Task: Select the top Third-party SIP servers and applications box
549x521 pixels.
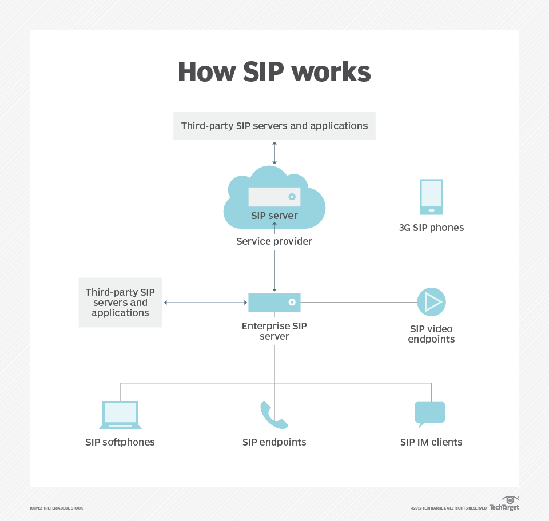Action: [274, 126]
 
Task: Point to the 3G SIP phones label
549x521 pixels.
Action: [431, 228]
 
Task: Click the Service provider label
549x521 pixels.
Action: [274, 241]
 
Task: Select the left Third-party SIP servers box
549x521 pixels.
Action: [120, 303]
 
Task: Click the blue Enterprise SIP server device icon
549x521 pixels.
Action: [274, 302]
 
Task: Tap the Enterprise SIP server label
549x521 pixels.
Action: [274, 331]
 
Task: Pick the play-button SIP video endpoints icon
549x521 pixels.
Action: [431, 302]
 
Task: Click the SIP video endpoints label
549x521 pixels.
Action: [431, 334]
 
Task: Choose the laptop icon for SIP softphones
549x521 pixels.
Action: [120, 415]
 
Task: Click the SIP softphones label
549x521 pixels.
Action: [120, 442]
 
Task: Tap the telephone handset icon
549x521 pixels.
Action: [273, 415]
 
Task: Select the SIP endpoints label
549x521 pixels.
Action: [274, 442]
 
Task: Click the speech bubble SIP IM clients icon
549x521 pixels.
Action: [429, 413]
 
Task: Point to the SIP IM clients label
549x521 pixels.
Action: [431, 442]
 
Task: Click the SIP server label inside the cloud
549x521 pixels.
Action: [274, 216]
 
